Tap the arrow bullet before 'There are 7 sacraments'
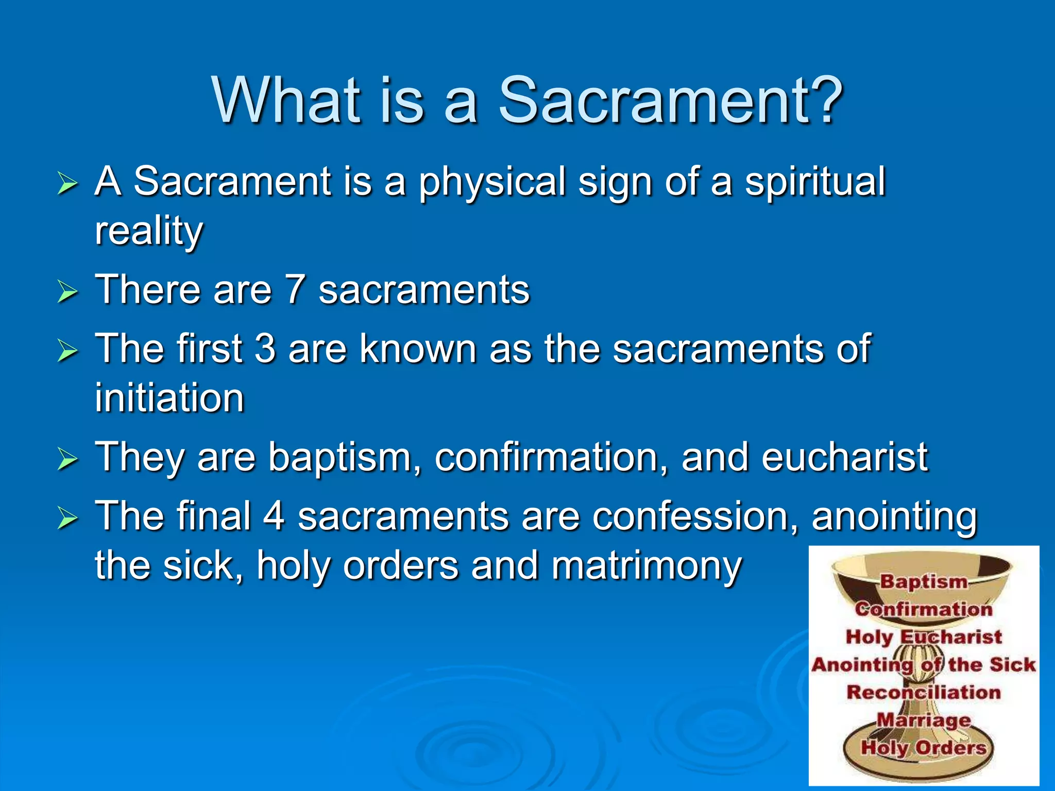(x=67, y=292)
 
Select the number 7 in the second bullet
(x=295, y=290)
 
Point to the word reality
(x=149, y=232)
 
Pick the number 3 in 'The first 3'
(x=265, y=349)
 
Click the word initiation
(x=169, y=398)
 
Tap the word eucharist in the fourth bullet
(x=844, y=457)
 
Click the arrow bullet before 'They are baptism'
(x=67, y=459)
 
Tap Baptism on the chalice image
(x=924, y=581)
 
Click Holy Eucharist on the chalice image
(x=924, y=637)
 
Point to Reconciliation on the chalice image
(x=924, y=692)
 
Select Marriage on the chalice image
(x=924, y=720)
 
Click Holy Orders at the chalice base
(x=924, y=747)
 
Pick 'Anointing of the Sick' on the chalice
(x=924, y=665)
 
